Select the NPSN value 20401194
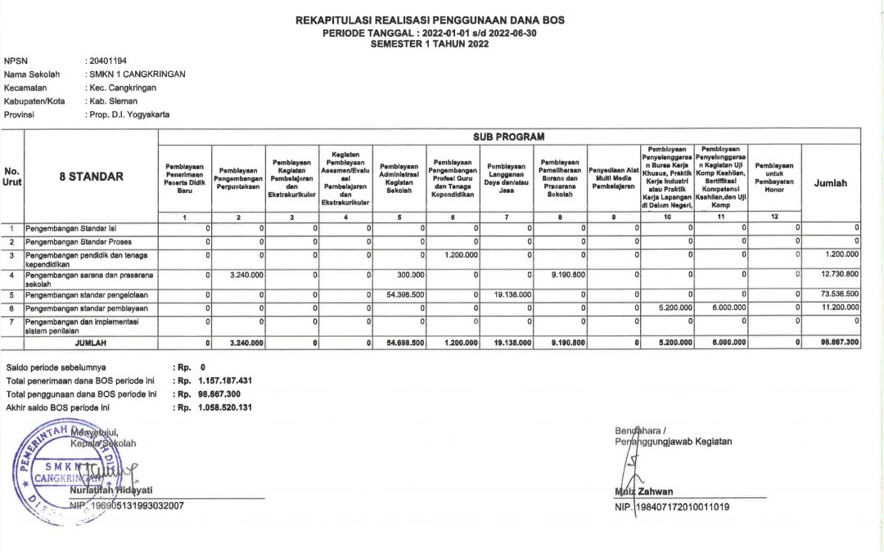pos(106,61)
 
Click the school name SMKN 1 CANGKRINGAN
pos(136,74)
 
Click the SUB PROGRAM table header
pos(508,136)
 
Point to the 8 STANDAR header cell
pos(91,177)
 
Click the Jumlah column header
pos(831,184)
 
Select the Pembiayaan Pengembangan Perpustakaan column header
pos(237,177)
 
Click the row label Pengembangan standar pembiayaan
pos(87,307)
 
